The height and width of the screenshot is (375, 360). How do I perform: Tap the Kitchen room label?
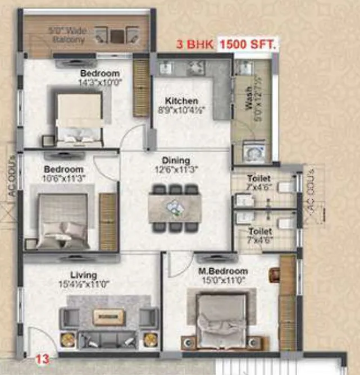(x=185, y=101)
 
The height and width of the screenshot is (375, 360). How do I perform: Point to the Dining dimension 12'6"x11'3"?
(x=176, y=169)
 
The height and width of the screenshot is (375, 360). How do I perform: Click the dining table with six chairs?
(x=175, y=207)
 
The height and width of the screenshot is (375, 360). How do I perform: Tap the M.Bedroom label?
(x=223, y=272)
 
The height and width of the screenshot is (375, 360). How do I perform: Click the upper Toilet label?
(x=259, y=179)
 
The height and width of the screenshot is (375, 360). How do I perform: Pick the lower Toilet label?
(x=260, y=231)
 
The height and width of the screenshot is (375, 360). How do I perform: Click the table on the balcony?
(x=118, y=35)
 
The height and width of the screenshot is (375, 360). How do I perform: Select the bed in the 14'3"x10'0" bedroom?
(x=79, y=118)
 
